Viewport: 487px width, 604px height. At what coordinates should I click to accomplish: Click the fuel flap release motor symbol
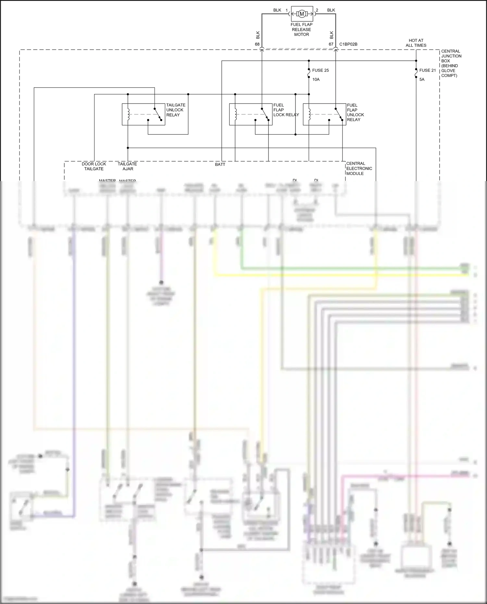pyautogui.click(x=302, y=14)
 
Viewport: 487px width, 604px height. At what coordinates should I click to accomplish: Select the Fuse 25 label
pyautogui.click(x=320, y=70)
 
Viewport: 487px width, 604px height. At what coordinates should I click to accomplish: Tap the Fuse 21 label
pyautogui.click(x=427, y=70)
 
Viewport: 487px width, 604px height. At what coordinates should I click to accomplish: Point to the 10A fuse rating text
pyautogui.click(x=316, y=80)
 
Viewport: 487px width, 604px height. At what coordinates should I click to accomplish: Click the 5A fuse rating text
pyautogui.click(x=422, y=80)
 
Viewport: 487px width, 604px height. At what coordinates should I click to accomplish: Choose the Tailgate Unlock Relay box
pyautogui.click(x=143, y=114)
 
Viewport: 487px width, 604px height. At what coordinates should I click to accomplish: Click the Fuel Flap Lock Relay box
pyautogui.click(x=251, y=114)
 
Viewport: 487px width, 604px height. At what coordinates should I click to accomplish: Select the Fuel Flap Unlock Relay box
pyautogui.click(x=324, y=114)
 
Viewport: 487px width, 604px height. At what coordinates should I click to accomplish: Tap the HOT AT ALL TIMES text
pyautogui.click(x=416, y=43)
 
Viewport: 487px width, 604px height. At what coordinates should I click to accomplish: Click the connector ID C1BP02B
pyautogui.click(x=348, y=44)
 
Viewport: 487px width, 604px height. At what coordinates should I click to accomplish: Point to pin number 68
pyautogui.click(x=257, y=44)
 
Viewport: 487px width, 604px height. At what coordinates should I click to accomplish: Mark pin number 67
pyautogui.click(x=331, y=44)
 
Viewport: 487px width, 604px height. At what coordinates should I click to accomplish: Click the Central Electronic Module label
pyautogui.click(x=359, y=168)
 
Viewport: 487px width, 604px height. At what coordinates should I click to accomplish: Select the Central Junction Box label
pyautogui.click(x=451, y=63)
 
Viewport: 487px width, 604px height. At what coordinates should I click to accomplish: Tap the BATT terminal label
pyautogui.click(x=220, y=165)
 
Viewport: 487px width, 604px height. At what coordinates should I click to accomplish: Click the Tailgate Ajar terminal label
pyautogui.click(x=127, y=166)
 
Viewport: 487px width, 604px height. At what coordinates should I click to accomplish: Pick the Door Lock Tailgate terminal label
pyautogui.click(x=94, y=166)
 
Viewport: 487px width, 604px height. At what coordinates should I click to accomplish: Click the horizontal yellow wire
pyautogui.click(x=341, y=275)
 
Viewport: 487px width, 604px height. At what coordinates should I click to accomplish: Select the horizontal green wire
pyautogui.click(x=351, y=268)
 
